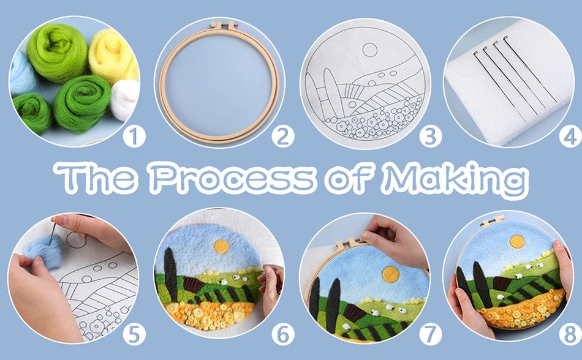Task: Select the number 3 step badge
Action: tap(431, 136)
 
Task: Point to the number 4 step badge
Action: tap(570, 136)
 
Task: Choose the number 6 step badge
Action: tap(282, 334)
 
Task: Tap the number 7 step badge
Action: tap(431, 334)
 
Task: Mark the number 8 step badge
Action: tap(570, 334)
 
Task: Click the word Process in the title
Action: tap(232, 178)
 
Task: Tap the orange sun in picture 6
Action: tap(221, 246)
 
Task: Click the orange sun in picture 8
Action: tap(518, 241)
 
